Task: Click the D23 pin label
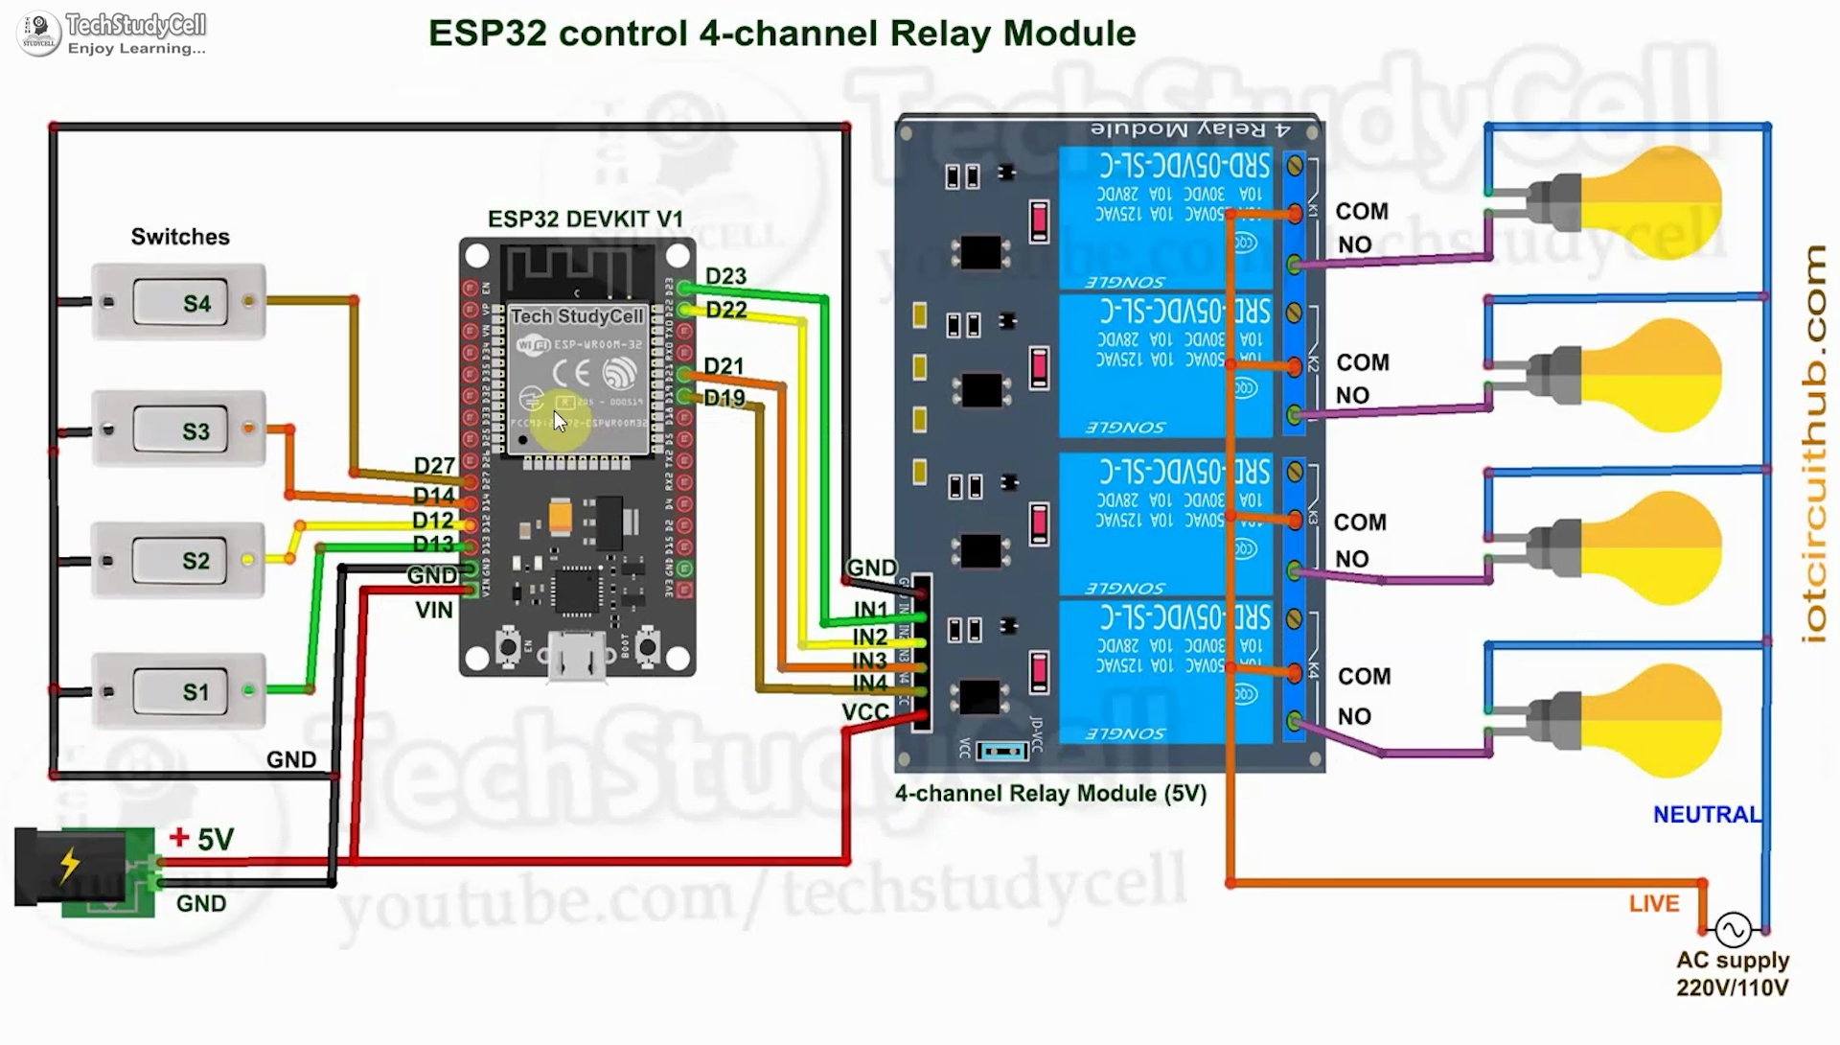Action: point(725,276)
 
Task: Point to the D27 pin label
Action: point(434,466)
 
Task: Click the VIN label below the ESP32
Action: point(434,610)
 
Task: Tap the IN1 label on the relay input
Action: point(870,610)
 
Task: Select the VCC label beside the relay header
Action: point(865,712)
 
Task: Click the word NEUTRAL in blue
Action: point(1707,815)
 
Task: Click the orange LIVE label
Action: point(1654,903)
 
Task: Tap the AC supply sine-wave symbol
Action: point(1733,929)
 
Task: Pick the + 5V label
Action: point(202,839)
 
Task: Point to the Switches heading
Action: point(180,237)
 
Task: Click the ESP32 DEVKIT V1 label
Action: point(585,220)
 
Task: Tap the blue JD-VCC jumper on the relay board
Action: point(1001,751)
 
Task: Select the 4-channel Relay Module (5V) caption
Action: point(1050,794)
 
